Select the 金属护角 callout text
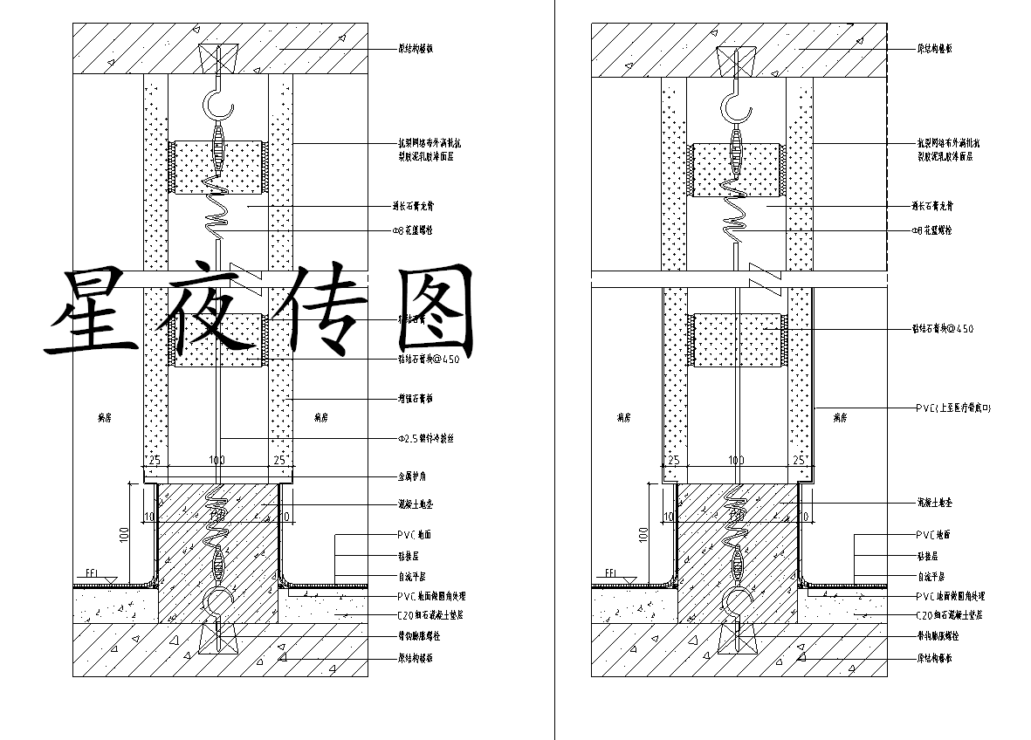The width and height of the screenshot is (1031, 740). pos(412,477)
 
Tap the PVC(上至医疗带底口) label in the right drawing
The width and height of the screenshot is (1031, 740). pos(953,408)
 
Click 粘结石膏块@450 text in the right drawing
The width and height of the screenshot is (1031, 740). pos(943,329)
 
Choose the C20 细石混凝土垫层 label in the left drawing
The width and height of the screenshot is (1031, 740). pos(430,615)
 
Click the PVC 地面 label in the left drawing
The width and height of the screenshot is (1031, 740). pos(415,535)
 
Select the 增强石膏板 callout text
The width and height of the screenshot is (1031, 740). pos(415,400)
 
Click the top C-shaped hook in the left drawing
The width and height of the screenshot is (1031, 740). pos(219,106)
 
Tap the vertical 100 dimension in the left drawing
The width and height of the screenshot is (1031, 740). pos(124,534)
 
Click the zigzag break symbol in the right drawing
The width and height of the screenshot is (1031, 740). pos(759,273)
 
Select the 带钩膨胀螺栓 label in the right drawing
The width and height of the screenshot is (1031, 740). pos(935,637)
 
